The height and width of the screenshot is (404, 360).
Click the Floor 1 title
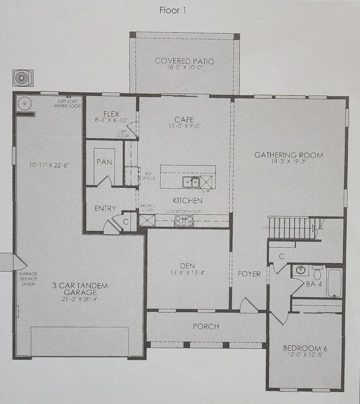[x=173, y=10]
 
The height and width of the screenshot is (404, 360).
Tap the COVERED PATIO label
[x=184, y=61]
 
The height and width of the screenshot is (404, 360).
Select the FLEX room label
[x=111, y=113]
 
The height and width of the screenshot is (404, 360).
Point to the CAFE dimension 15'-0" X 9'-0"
[x=184, y=126]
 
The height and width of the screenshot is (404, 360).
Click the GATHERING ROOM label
[x=289, y=155]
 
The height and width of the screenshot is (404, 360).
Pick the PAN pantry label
[x=104, y=162]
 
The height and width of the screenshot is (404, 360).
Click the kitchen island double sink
[x=190, y=182]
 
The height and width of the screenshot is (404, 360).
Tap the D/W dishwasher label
[x=205, y=191]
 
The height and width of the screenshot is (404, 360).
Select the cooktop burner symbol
[x=184, y=221]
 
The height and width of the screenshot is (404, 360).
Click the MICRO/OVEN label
[x=147, y=208]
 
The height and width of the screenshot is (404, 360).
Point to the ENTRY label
[x=105, y=209]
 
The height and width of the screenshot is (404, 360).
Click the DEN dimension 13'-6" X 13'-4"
[x=188, y=273]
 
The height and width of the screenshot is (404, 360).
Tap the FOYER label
[x=249, y=274]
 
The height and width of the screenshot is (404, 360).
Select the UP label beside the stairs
[x=264, y=227]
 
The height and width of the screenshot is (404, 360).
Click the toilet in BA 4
[x=317, y=273]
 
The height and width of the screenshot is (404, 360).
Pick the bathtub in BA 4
[x=335, y=283]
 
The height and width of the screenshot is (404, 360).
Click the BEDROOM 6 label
[x=305, y=349]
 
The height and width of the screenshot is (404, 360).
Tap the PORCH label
[x=206, y=327]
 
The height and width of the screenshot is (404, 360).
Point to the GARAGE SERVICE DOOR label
[x=28, y=279]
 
